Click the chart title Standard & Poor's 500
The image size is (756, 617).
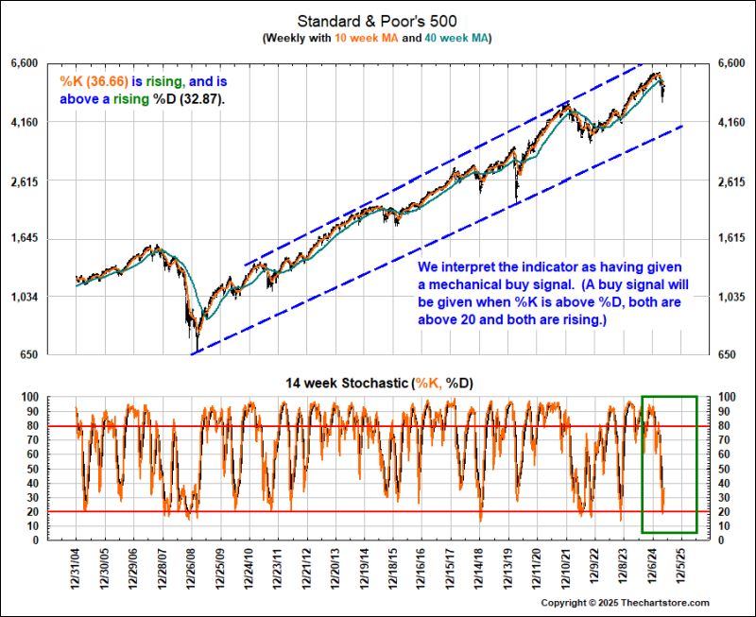pyautogui.click(x=378, y=20)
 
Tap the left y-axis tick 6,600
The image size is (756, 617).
pyautogui.click(x=49, y=63)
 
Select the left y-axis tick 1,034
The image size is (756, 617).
pyautogui.click(x=49, y=298)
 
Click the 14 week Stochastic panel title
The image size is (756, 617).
pyautogui.click(x=378, y=384)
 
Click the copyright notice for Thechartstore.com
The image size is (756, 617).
pyautogui.click(x=624, y=603)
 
